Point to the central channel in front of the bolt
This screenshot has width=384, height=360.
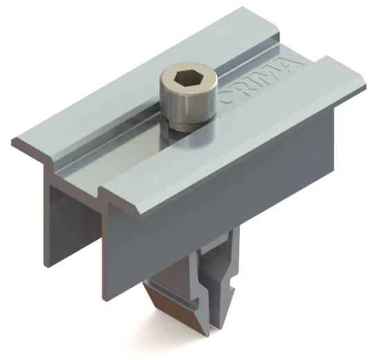click(x=131, y=159)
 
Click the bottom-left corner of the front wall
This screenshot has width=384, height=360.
click(x=104, y=294)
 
